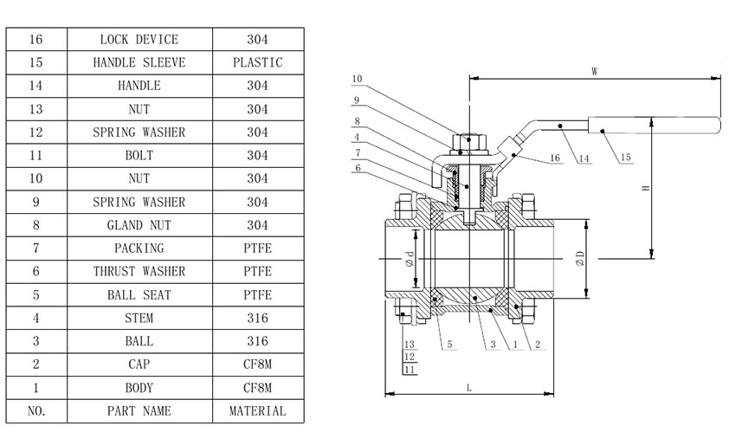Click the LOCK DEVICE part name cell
tap(139, 40)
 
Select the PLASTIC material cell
tap(257, 63)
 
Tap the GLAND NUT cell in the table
tap(139, 225)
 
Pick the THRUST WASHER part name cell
tap(139, 272)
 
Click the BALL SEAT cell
tap(139, 295)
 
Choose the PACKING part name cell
tap(139, 248)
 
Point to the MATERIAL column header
tap(257, 411)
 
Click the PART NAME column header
tap(139, 411)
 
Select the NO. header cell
tap(36, 411)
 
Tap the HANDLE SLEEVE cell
tap(139, 63)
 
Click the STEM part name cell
tap(139, 319)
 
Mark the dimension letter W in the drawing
tap(595, 73)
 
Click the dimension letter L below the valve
tap(468, 388)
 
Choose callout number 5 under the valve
tap(449, 345)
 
